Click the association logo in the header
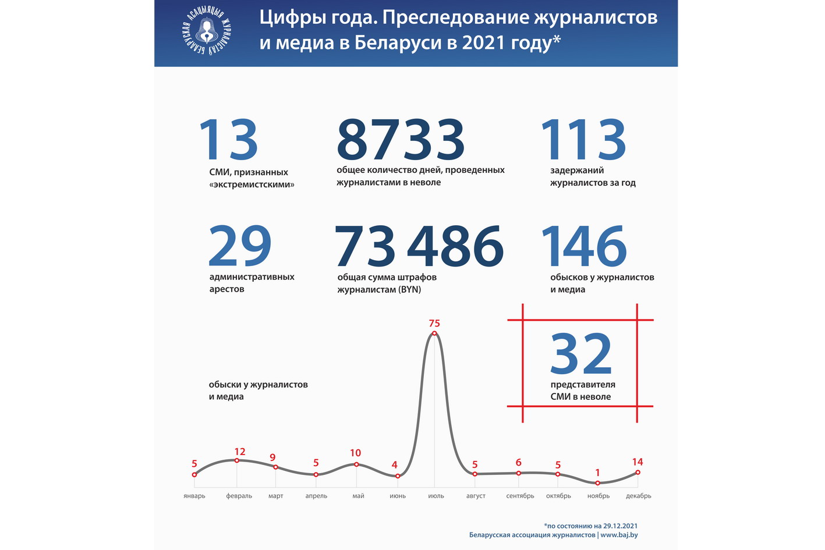click(207, 33)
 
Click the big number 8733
click(401, 140)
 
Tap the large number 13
click(228, 140)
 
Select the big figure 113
click(583, 140)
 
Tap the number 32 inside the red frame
click(581, 353)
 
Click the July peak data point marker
click(434, 333)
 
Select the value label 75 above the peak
click(434, 323)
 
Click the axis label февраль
click(239, 496)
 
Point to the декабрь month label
click(639, 496)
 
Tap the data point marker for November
click(598, 483)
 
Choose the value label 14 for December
click(638, 462)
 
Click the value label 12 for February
click(240, 452)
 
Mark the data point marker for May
click(356, 464)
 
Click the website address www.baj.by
click(619, 535)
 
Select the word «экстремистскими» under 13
click(252, 184)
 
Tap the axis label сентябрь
click(520, 496)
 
